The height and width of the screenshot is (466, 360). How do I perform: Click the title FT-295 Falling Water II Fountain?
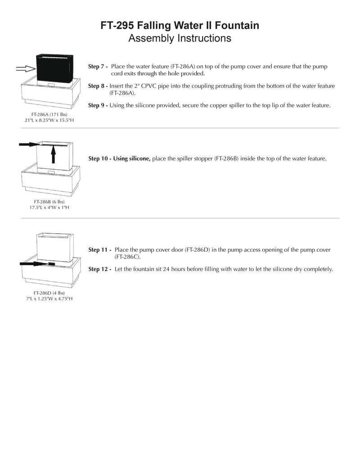(x=180, y=26)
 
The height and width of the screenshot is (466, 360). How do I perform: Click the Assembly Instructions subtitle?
(x=180, y=38)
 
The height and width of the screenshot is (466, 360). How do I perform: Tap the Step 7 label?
(x=98, y=67)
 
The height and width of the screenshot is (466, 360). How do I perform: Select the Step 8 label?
(x=98, y=86)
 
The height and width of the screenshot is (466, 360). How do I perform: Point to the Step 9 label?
(x=98, y=105)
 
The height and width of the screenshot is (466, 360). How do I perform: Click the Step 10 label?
(x=99, y=158)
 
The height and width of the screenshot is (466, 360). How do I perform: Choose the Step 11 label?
(x=100, y=249)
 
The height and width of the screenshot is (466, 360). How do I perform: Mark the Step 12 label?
(x=100, y=269)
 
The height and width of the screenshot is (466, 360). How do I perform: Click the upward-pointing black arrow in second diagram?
(x=53, y=155)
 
